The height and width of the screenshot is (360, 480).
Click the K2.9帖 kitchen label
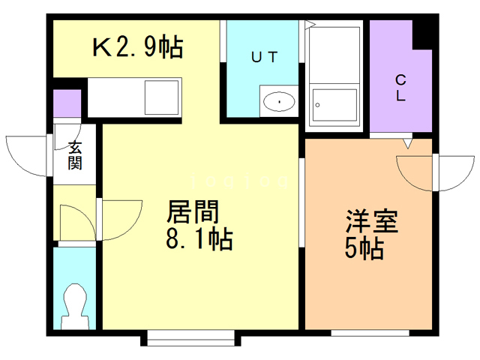[137, 48]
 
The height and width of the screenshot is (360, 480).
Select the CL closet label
[400, 88]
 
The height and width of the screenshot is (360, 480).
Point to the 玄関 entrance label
[75, 155]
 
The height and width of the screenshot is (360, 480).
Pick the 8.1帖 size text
[198, 241]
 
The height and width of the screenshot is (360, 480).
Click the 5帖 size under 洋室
[364, 248]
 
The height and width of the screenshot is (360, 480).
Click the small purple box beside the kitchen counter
[67, 103]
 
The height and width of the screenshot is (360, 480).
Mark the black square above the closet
[426, 30]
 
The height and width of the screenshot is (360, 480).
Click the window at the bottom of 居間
[190, 340]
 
